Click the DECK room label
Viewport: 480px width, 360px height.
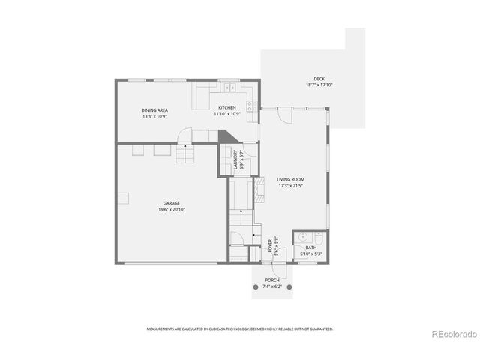(x=319, y=79)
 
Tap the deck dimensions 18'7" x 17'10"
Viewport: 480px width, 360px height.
(x=319, y=85)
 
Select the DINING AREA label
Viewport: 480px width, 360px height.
(x=154, y=110)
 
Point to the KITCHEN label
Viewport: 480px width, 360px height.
(x=227, y=108)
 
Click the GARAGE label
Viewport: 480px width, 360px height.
(x=172, y=203)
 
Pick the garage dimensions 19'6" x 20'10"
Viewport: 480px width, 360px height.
(x=172, y=210)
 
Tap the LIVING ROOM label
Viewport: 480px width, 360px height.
(x=290, y=180)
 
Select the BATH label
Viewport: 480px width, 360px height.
(x=311, y=247)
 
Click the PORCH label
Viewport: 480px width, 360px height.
(x=271, y=280)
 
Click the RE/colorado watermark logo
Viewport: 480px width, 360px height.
(x=451, y=334)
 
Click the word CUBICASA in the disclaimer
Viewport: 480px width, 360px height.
(x=214, y=328)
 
